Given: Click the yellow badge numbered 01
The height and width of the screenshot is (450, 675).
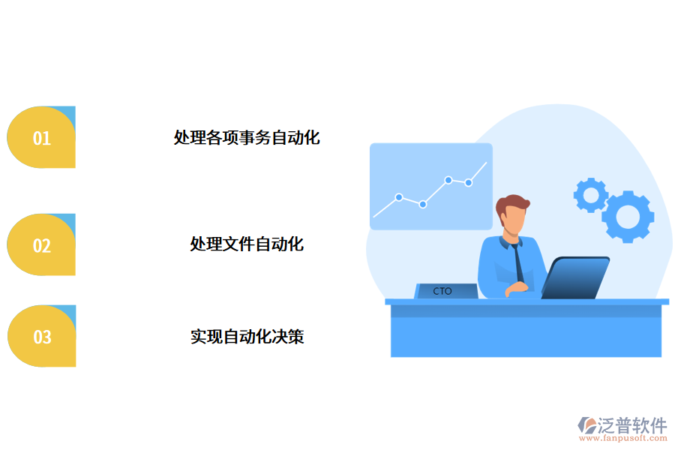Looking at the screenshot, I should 41,138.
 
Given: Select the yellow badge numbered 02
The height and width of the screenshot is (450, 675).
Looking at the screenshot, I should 41,245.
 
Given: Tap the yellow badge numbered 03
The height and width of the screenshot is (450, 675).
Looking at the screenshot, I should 41,337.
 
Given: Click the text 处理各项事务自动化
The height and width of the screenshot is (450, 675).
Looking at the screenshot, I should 247,138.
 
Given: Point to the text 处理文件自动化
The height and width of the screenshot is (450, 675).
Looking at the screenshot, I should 247,244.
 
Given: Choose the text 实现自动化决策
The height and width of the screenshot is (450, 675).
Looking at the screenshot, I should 247,337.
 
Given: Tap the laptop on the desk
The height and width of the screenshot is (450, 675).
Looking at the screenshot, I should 574,277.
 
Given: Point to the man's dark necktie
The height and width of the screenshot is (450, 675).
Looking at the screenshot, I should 518,262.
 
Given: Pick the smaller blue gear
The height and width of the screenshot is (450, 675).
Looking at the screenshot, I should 591,195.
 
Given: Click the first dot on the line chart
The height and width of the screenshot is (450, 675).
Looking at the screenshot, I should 399,197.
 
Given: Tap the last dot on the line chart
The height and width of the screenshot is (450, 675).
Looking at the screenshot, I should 469,182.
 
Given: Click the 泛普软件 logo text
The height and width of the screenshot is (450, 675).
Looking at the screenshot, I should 632,425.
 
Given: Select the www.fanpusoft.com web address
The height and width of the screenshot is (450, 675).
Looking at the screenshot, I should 621,439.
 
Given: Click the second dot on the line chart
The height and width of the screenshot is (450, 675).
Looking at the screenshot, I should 423,204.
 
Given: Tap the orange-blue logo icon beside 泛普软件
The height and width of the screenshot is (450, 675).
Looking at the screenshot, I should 587,426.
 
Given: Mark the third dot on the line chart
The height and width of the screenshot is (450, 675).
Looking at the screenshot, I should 448,180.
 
